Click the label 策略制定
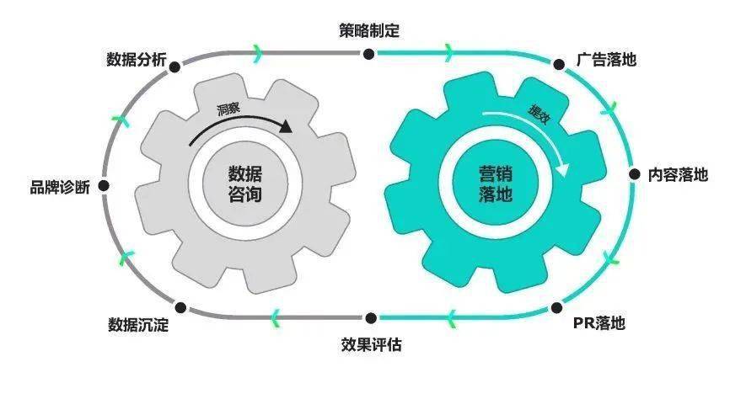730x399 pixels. (369, 30)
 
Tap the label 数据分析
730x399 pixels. (137, 60)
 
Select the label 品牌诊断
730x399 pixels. (60, 187)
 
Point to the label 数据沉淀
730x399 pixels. (138, 325)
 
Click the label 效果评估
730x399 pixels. (371, 344)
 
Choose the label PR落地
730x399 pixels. (598, 322)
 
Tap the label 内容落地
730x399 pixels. (678, 174)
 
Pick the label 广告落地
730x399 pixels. (606, 60)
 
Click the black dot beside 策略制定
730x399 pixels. (368, 54)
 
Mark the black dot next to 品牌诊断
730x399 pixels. (104, 186)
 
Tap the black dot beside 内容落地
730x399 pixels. (635, 174)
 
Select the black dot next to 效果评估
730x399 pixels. (371, 318)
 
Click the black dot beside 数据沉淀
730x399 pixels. (180, 307)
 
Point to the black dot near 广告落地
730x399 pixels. (559, 64)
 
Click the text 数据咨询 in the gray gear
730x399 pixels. (245, 184)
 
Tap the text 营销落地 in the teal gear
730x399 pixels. (496, 184)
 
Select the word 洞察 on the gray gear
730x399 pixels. (228, 109)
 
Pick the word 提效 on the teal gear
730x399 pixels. (539, 114)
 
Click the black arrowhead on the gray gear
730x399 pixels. (286, 126)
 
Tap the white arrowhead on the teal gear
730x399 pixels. (562, 170)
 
